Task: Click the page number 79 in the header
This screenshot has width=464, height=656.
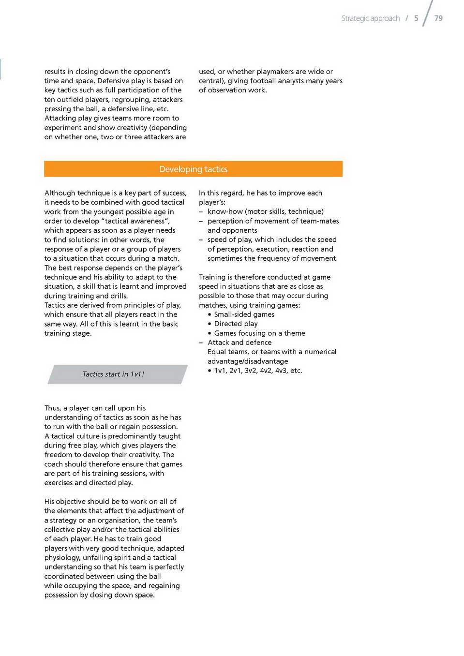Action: point(438,18)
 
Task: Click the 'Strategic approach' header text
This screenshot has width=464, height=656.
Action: point(370,18)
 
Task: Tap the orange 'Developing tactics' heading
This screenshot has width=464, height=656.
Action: point(193,169)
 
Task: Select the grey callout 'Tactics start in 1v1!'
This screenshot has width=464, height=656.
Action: point(113,374)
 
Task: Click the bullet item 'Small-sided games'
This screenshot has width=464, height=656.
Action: point(244,314)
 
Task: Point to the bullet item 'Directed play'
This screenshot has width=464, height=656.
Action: point(236,324)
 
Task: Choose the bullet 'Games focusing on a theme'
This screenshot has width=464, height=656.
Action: point(259,333)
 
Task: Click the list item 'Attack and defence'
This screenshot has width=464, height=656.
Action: point(239,343)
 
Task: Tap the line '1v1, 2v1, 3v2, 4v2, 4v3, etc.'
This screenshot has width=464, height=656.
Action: point(258,371)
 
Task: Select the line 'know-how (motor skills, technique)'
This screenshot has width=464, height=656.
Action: point(265,211)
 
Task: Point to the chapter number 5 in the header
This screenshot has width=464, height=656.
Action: point(416,18)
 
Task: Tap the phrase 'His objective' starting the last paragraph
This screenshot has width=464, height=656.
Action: point(65,502)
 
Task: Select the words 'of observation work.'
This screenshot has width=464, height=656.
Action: point(233,90)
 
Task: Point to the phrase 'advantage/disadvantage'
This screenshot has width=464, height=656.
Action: point(248,361)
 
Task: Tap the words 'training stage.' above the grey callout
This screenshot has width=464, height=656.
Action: point(68,333)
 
